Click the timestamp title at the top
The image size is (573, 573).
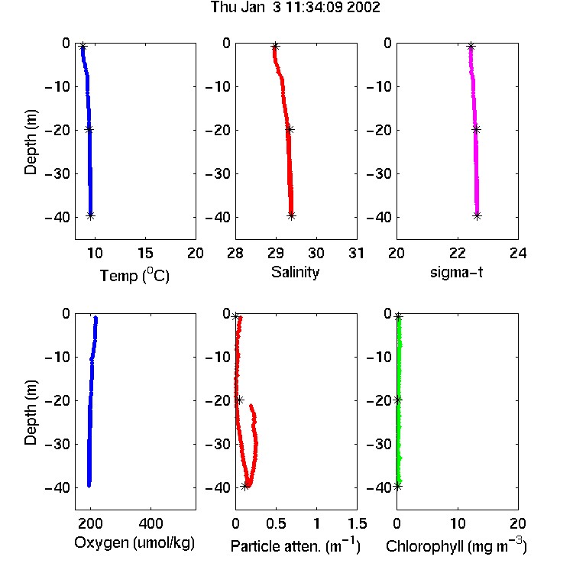pos(295,8)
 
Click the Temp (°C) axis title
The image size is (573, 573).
pos(134,275)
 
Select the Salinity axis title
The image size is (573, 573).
pos(295,272)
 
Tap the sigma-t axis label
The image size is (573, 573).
pos(456,272)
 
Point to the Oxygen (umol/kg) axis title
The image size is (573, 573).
pos(134,543)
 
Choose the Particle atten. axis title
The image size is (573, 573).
pos(295,545)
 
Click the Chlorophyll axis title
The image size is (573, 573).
pos(456,545)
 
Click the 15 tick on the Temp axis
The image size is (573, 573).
pos(145,253)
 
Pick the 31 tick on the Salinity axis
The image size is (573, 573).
pos(356,253)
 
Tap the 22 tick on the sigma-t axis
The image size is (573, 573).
pos(458,253)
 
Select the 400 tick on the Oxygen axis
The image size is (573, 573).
pos(151,523)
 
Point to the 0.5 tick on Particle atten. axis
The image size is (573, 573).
pos(276,523)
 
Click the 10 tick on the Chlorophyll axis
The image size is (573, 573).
pos(458,523)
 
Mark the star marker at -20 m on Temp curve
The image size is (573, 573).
pos(89,129)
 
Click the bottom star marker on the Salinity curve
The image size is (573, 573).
pos(291,215)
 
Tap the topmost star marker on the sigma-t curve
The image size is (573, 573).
pos(471,47)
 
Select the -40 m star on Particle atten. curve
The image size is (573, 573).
pos(245,486)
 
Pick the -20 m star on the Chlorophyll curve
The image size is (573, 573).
pos(397,400)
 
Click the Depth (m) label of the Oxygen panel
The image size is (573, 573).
pos(31,413)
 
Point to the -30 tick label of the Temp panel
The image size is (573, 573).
pos(57,173)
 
